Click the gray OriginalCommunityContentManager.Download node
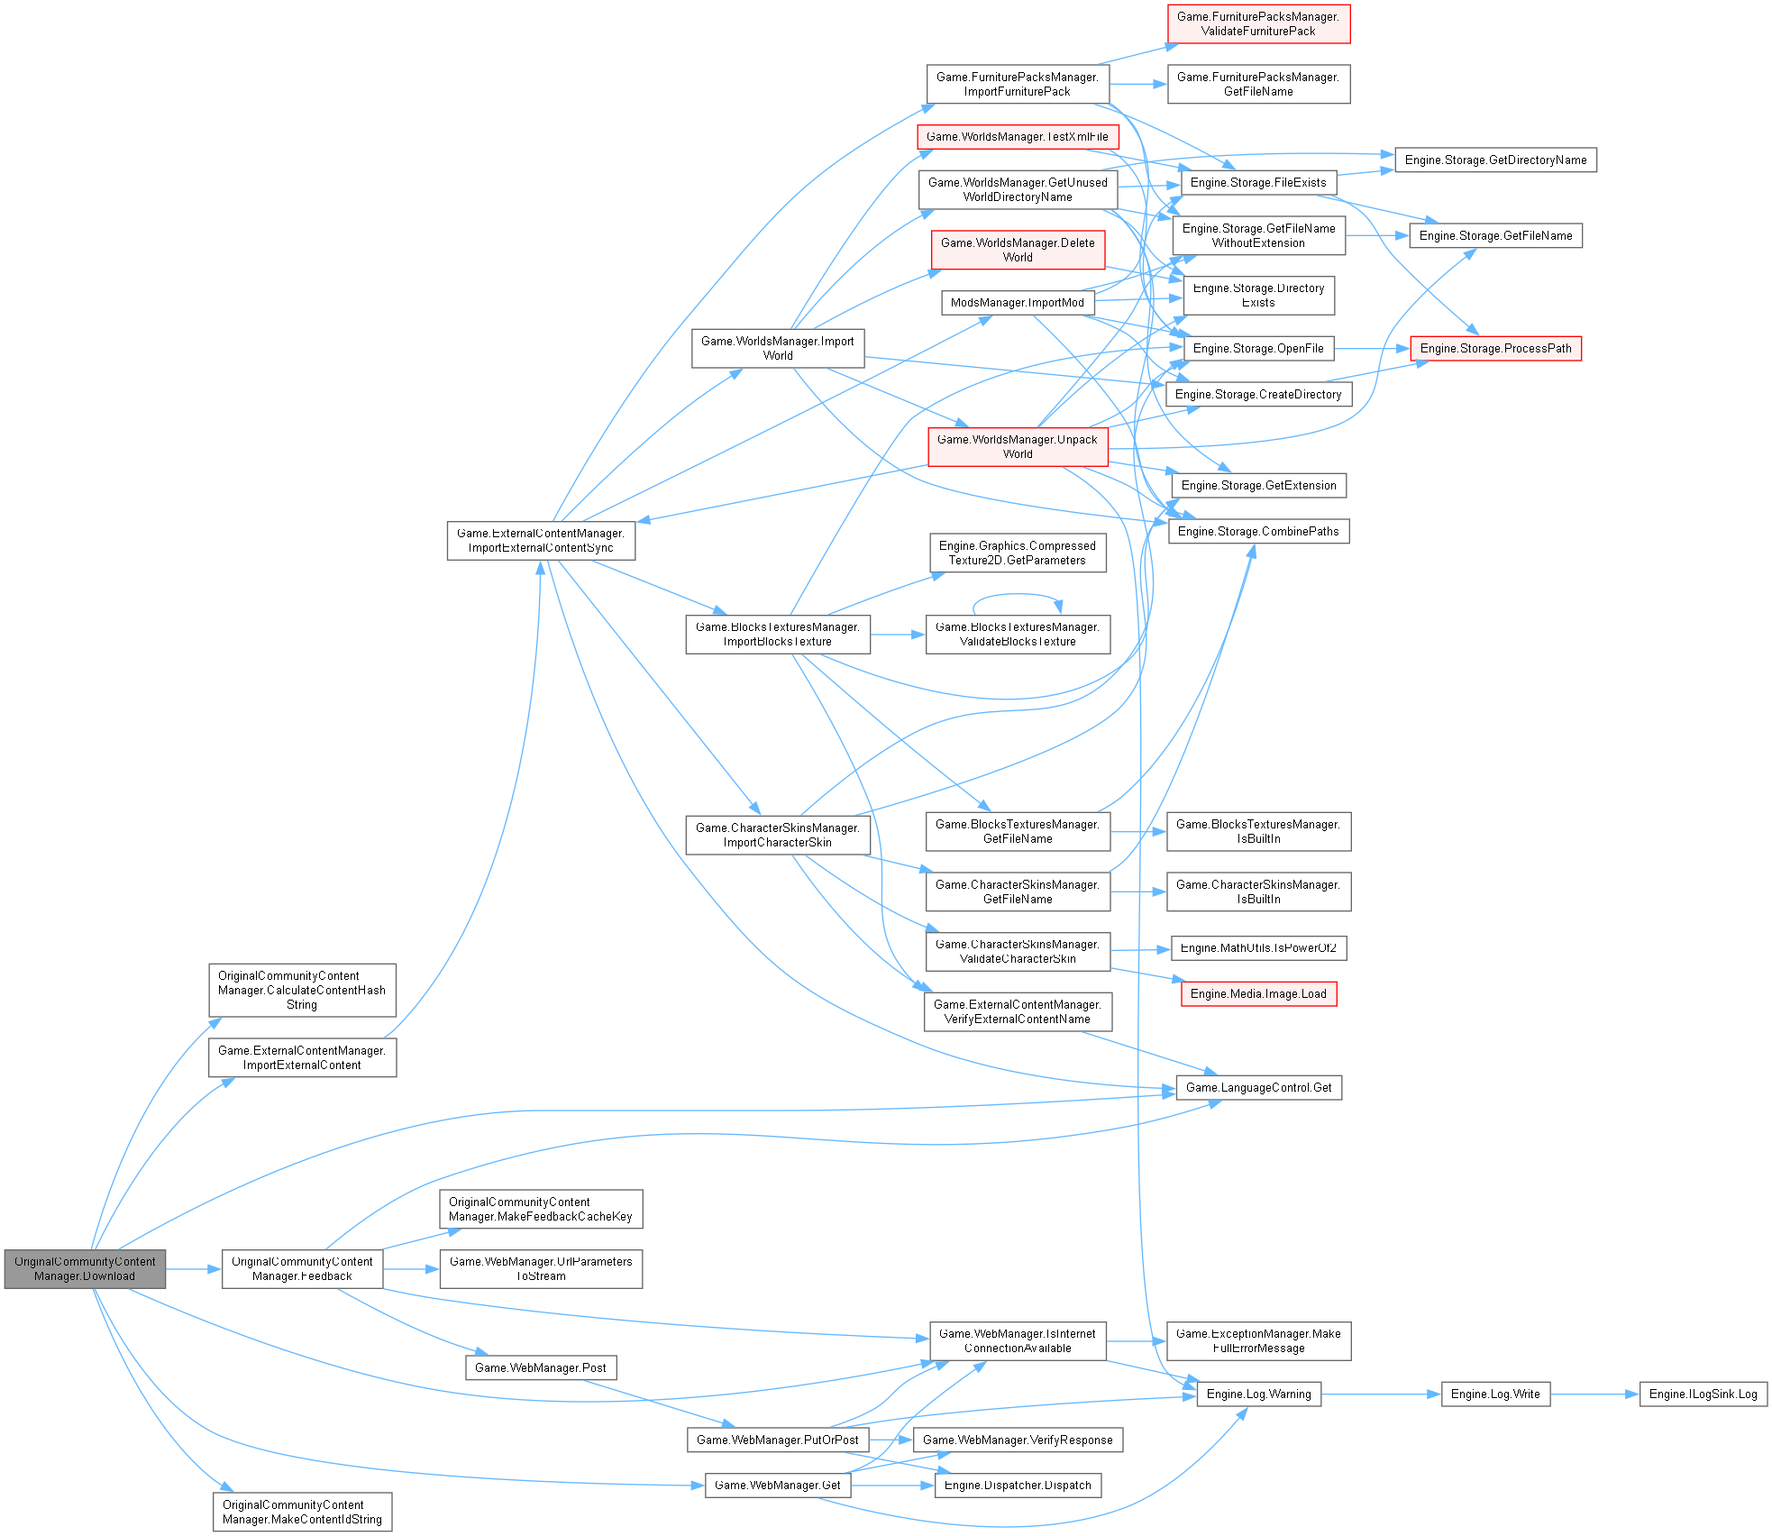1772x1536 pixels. pos(85,1269)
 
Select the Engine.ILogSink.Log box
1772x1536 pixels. pos(1703,1394)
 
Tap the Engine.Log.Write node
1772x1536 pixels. pos(1495,1394)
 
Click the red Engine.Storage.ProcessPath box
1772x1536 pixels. pos(1495,349)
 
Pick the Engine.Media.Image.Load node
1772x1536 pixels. pos(1258,994)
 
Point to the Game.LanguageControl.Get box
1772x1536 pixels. pos(1258,1088)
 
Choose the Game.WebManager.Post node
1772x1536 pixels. pos(541,1368)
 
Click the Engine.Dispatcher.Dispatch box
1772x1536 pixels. pos(1018,1486)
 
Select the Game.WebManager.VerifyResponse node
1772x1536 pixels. pos(1018,1440)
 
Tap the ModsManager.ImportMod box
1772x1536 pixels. pos(1018,303)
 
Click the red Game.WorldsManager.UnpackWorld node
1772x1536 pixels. pos(1018,447)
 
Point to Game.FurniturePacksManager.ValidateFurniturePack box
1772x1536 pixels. pos(1258,24)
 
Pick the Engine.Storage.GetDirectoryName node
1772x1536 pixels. pos(1495,160)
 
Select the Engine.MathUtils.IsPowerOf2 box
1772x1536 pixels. pos(1258,948)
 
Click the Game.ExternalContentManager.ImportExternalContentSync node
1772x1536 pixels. pos(541,541)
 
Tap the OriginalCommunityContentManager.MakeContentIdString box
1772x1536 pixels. pos(302,1513)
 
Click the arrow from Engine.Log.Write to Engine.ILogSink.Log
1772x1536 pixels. pos(1594,1394)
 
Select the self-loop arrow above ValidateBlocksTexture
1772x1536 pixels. pos(1017,595)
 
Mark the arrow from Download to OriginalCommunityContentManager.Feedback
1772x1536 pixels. pos(194,1269)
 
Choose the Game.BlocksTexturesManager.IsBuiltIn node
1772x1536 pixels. pos(1258,832)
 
